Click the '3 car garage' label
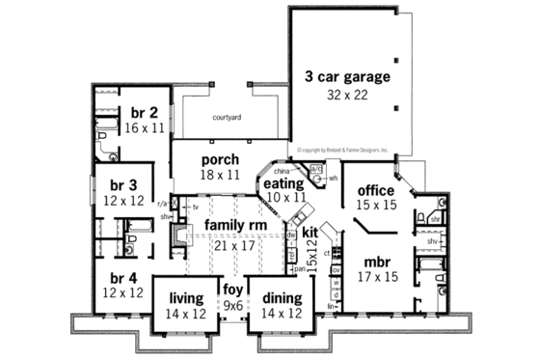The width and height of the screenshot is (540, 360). [346, 75]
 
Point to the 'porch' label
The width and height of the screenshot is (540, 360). [220, 159]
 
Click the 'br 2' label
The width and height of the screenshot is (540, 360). [146, 112]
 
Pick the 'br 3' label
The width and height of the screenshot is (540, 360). [121, 183]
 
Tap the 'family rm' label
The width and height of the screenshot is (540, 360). [229, 225]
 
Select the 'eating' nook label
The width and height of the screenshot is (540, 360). [284, 182]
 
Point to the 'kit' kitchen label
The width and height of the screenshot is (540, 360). [310, 233]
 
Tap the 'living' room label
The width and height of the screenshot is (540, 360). [185, 298]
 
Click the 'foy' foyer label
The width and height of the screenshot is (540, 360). [232, 289]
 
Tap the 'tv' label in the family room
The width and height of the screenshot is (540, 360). [194, 208]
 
